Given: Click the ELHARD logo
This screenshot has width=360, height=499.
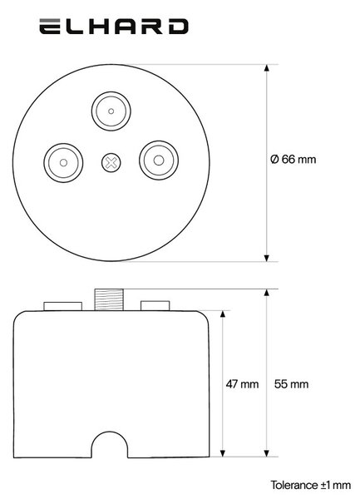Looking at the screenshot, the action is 114,27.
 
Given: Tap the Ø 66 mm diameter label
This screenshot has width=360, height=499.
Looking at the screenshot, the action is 293,159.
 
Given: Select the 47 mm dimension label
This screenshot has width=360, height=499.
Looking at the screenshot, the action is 242,384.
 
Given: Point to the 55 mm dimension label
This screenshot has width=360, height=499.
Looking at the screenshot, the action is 291,384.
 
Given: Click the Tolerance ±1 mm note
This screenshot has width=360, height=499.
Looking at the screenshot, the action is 311,486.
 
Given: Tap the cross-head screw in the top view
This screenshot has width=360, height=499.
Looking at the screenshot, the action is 111,163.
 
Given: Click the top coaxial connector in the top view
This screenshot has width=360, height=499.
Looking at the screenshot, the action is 111,111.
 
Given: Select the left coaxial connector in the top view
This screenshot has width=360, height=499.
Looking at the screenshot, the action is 63,163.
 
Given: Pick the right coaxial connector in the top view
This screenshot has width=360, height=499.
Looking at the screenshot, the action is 159,161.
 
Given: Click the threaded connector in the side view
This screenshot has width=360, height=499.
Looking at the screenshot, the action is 109,299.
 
